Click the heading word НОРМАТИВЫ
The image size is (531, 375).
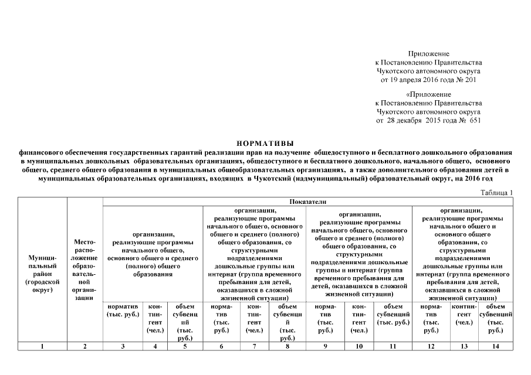point(265,143)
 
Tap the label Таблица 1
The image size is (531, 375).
point(497,192)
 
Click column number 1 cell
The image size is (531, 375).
point(42,346)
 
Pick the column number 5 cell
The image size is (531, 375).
point(185,346)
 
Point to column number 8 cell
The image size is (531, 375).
point(287,346)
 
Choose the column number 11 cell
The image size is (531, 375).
point(393,346)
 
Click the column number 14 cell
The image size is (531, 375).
point(495,346)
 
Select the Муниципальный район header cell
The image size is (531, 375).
point(42,274)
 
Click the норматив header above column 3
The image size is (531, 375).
point(122,311)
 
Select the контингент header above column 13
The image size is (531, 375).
point(464,314)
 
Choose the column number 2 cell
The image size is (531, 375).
point(85,346)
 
